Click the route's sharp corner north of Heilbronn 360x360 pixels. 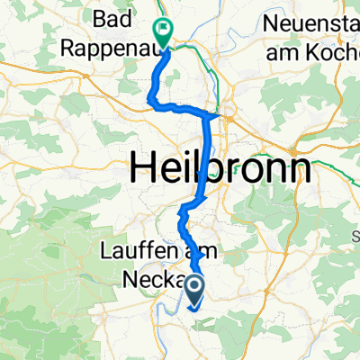[213, 116]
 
